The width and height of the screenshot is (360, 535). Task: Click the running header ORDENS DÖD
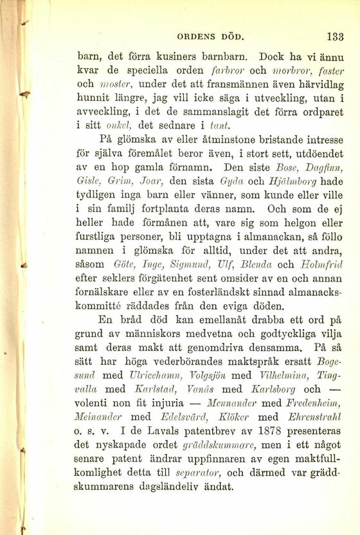(x=222, y=36)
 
